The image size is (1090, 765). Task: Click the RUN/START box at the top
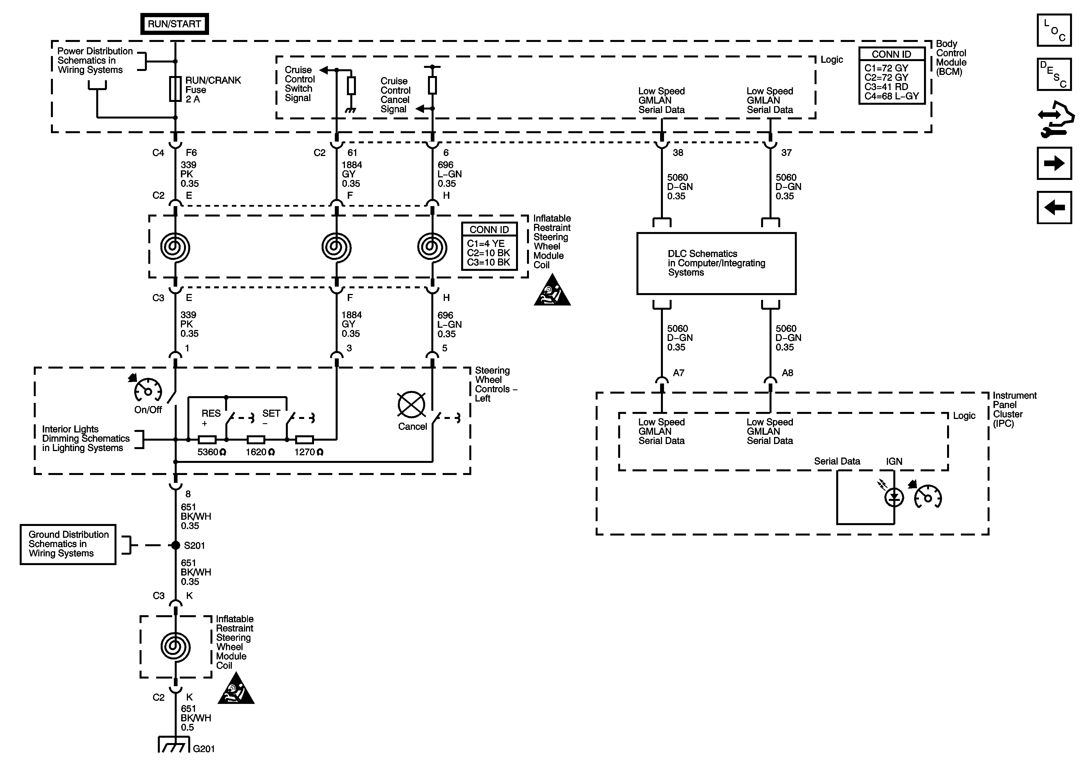point(174,24)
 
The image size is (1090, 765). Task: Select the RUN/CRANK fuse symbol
point(175,89)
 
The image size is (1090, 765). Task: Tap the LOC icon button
point(1054,30)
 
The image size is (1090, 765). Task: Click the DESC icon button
point(1054,74)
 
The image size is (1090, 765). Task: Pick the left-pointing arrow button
point(1054,207)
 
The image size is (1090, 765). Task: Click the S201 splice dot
point(175,545)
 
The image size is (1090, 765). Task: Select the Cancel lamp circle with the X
point(411,405)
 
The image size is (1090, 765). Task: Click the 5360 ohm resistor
point(207,440)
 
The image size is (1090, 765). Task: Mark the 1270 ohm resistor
point(304,440)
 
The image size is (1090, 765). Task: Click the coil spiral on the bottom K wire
point(175,647)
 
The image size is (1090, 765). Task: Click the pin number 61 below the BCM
point(352,153)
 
